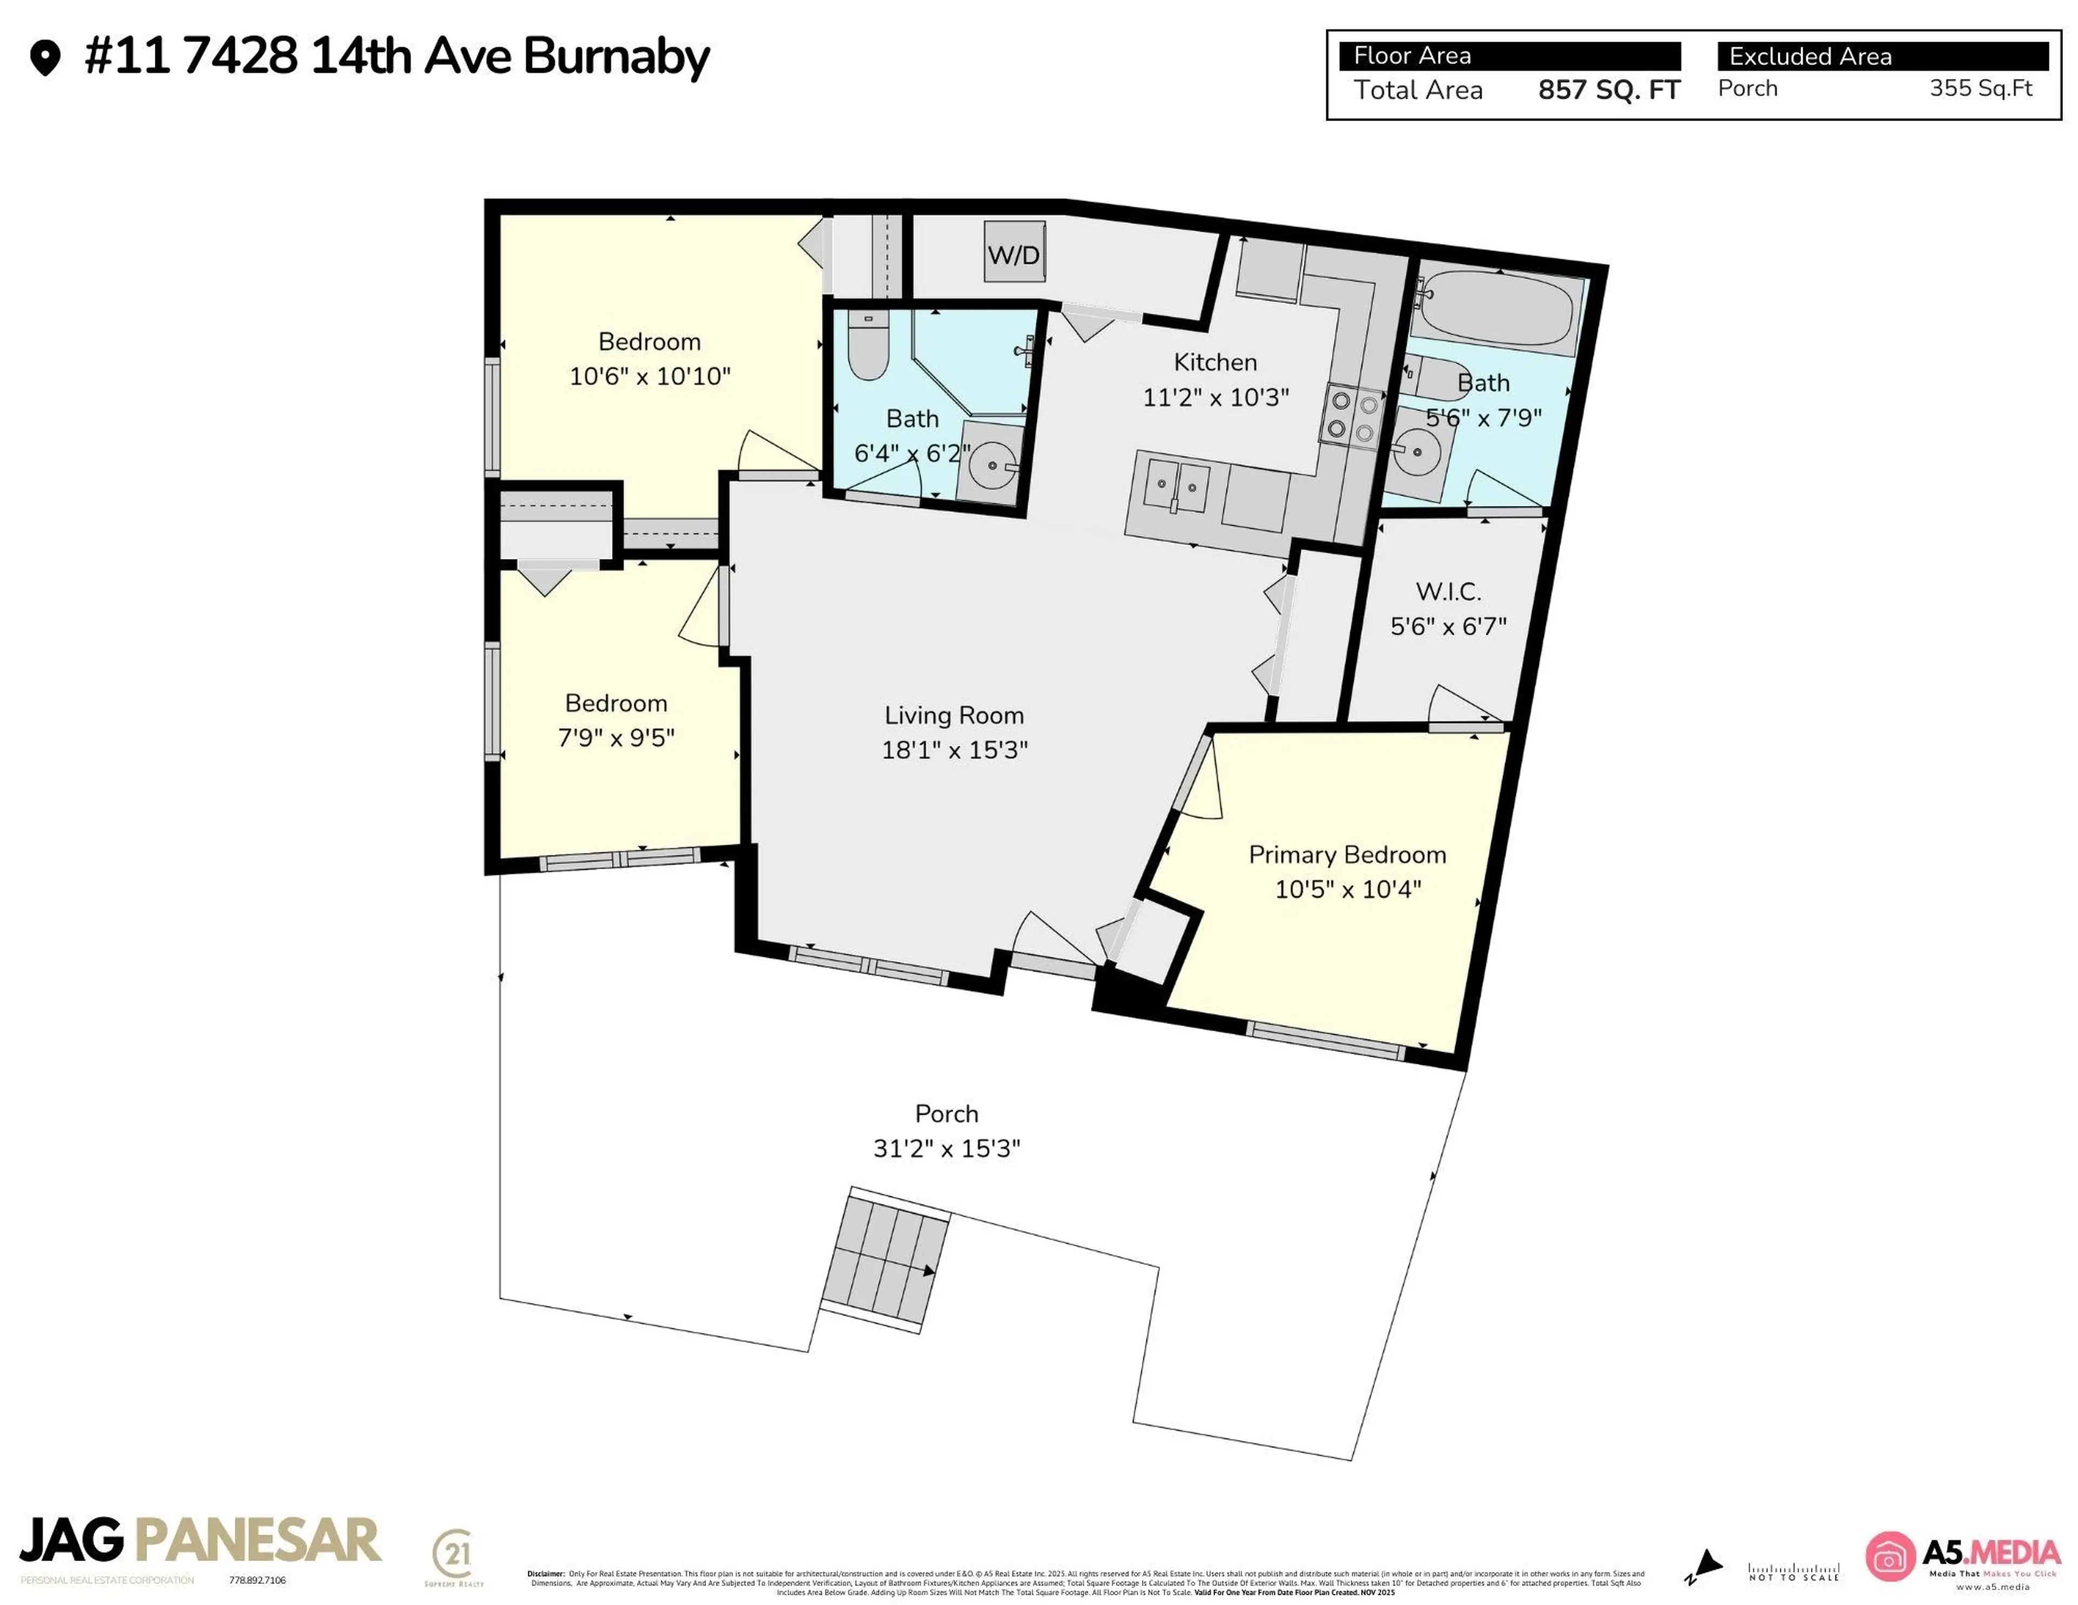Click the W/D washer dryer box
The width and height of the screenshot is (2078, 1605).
tap(1014, 253)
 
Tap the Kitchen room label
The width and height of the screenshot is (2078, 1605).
tap(1215, 363)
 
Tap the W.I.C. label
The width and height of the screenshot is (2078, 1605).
tap(1448, 592)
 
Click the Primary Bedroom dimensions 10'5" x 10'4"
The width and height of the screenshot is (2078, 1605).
tap(1347, 890)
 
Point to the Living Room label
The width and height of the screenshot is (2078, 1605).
tap(955, 715)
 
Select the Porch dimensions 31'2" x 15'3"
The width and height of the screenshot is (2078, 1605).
tap(946, 1148)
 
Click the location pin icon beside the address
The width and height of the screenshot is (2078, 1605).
tap(45, 57)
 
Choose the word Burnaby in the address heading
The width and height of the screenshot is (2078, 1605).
tap(616, 56)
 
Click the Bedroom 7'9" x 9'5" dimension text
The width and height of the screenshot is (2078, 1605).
tap(616, 738)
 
